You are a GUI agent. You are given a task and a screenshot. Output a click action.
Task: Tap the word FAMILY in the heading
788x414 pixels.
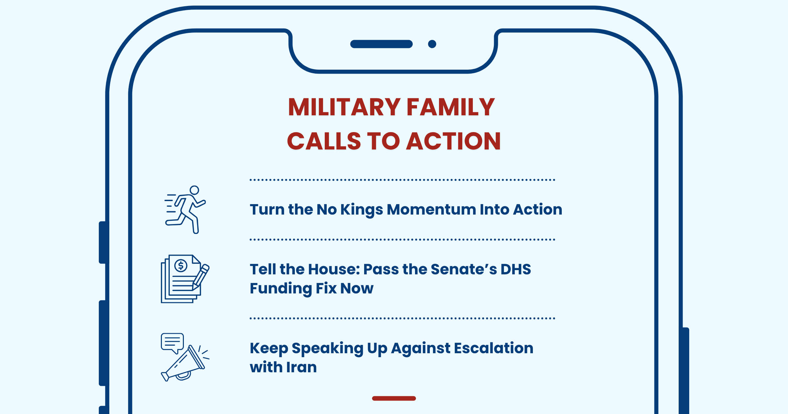451,107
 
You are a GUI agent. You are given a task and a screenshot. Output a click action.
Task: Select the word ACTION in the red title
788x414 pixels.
454,141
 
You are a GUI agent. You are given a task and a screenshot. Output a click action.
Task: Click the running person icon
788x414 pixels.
186,210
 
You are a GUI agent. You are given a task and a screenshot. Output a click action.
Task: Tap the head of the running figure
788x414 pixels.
194,190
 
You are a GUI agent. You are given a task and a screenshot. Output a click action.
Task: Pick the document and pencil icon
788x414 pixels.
185,279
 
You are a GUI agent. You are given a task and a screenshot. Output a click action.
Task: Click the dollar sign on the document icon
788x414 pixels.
181,265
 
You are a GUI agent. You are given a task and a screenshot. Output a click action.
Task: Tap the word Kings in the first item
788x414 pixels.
361,210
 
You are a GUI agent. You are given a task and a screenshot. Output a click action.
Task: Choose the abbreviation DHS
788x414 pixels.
515,269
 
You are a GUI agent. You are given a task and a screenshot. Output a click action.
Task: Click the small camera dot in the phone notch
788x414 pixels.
432,44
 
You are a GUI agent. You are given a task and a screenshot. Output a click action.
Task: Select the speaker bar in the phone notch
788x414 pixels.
382,44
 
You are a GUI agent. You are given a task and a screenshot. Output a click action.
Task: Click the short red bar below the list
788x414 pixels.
394,398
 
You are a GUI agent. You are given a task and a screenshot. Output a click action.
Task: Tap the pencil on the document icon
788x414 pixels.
201,277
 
